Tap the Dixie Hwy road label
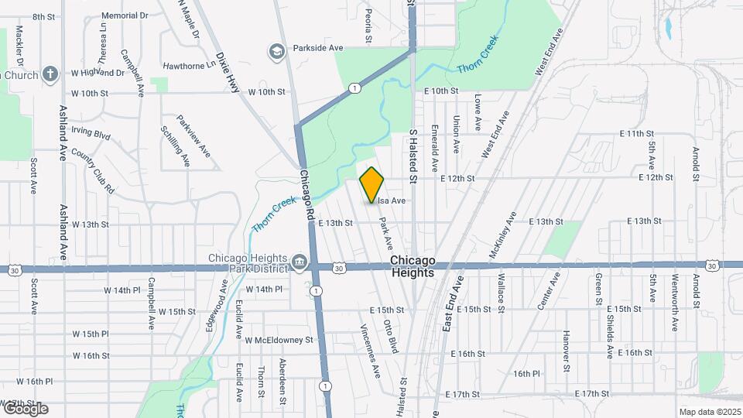[228, 73]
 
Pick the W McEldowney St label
[279, 339]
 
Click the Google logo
[25, 409]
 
